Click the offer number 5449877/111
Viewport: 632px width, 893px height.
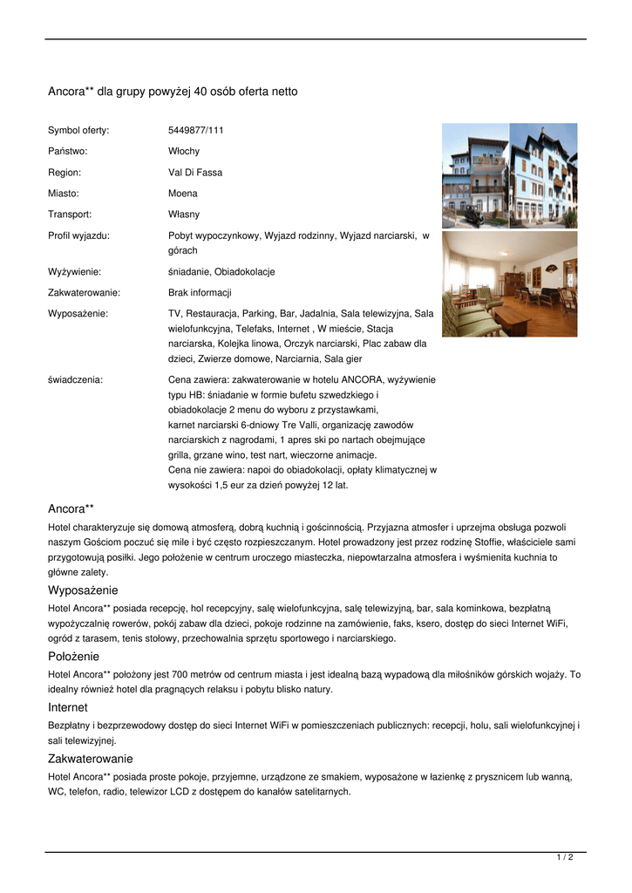[195, 131]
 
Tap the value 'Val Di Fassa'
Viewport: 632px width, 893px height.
[194, 173]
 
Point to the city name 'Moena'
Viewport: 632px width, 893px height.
[182, 194]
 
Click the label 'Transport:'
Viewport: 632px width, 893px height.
[70, 215]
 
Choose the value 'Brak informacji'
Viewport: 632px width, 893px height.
[200, 293]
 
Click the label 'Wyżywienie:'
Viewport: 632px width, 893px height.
[74, 272]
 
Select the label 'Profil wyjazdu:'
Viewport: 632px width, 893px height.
[78, 235]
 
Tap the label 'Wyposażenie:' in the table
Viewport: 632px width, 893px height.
[78, 313]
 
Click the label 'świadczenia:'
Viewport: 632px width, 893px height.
[75, 380]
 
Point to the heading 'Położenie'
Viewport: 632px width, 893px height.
[73, 657]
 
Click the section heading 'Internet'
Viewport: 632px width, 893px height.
[67, 708]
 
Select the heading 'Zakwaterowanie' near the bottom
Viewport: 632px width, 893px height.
[90, 760]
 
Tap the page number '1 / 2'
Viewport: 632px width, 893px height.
[564, 858]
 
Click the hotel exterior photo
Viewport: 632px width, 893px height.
[509, 175]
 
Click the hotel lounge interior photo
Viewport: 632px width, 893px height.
[509, 284]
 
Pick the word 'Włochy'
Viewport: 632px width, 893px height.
[183, 152]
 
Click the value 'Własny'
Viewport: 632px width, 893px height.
[183, 215]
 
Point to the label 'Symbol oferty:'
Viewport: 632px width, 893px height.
[78, 131]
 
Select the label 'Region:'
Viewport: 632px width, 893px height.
[65, 173]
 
